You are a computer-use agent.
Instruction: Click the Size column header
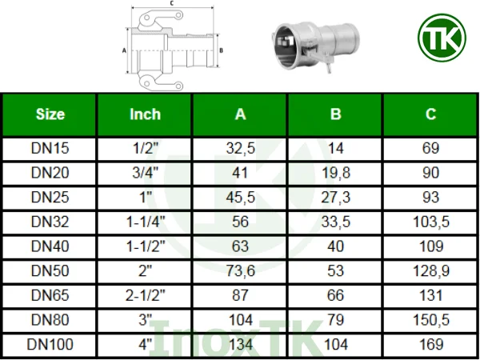pyautogui.click(x=50, y=114)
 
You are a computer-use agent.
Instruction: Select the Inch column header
pyautogui.click(x=145, y=114)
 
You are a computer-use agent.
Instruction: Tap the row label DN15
pyautogui.click(x=50, y=148)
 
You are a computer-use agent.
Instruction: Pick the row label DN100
pyautogui.click(x=50, y=345)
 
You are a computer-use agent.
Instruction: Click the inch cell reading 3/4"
pyautogui.click(x=145, y=173)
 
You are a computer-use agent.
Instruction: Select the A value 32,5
pyautogui.click(x=240, y=148)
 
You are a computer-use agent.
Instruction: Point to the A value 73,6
pyautogui.click(x=240, y=271)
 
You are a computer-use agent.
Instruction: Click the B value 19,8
pyautogui.click(x=335, y=173)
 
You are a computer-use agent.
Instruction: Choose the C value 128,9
pyautogui.click(x=430, y=271)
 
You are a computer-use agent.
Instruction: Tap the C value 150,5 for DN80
pyautogui.click(x=430, y=320)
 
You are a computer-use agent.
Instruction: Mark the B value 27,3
pyautogui.click(x=335, y=198)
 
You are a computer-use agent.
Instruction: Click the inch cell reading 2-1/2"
pyautogui.click(x=145, y=296)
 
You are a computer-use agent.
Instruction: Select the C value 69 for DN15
pyautogui.click(x=430, y=148)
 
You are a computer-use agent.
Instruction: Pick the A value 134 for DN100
pyautogui.click(x=240, y=345)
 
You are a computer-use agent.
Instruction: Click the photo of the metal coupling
pyautogui.click(x=308, y=44)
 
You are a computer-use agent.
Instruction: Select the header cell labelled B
pyautogui.click(x=335, y=114)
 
